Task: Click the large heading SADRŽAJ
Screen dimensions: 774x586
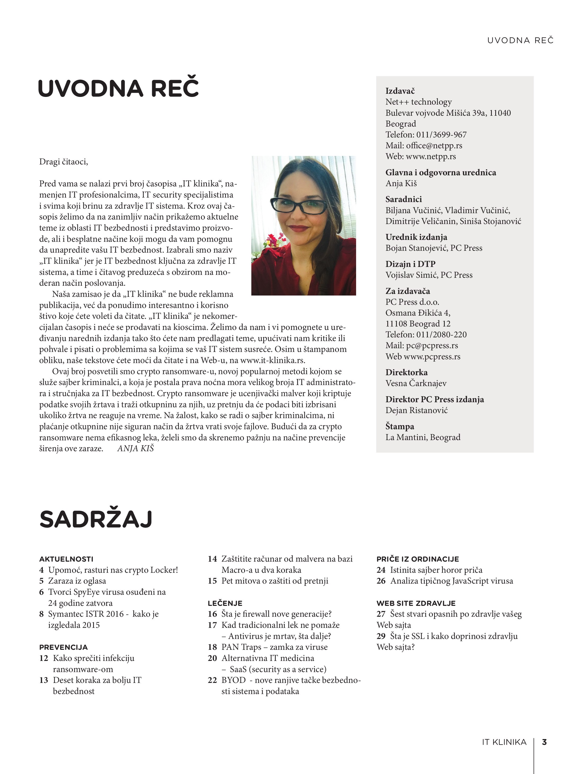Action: [x=96, y=520]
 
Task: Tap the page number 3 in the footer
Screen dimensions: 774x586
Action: [x=544, y=742]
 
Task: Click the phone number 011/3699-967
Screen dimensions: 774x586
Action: [x=447, y=135]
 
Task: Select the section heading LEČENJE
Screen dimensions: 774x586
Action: [x=225, y=603]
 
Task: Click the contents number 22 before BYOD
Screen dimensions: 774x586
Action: [x=212, y=680]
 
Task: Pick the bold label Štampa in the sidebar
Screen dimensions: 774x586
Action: [x=400, y=427]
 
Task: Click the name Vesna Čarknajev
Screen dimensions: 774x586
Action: [x=416, y=383]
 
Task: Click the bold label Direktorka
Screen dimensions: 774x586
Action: [x=406, y=372]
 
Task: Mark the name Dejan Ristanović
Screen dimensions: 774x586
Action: [x=416, y=410]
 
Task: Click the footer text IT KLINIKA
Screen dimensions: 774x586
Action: [x=504, y=742]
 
